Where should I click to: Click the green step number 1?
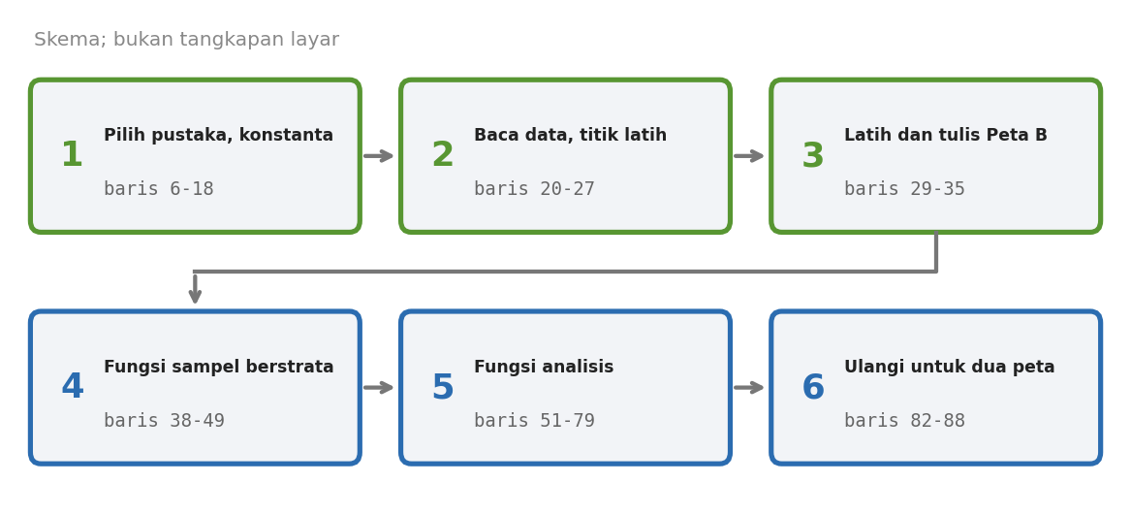72,155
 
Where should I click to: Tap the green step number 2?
442,155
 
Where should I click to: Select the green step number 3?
813,155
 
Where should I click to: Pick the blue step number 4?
72,387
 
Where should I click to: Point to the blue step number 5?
442,387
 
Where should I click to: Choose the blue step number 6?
813,387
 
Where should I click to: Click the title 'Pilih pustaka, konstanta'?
219,136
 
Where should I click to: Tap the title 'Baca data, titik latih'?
570,136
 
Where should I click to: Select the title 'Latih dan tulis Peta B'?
946,136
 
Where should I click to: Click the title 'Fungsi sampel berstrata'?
219,368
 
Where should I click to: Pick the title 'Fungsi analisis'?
544,368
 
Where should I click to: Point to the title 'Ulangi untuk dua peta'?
949,368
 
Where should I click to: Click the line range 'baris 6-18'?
159,189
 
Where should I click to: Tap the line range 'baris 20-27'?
534,189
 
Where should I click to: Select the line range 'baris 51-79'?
534,421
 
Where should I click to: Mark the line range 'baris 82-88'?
904,421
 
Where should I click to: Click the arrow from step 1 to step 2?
379,156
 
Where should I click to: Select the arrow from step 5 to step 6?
749,388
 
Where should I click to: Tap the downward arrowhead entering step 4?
195,296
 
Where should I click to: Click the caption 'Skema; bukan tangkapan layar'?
187,40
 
